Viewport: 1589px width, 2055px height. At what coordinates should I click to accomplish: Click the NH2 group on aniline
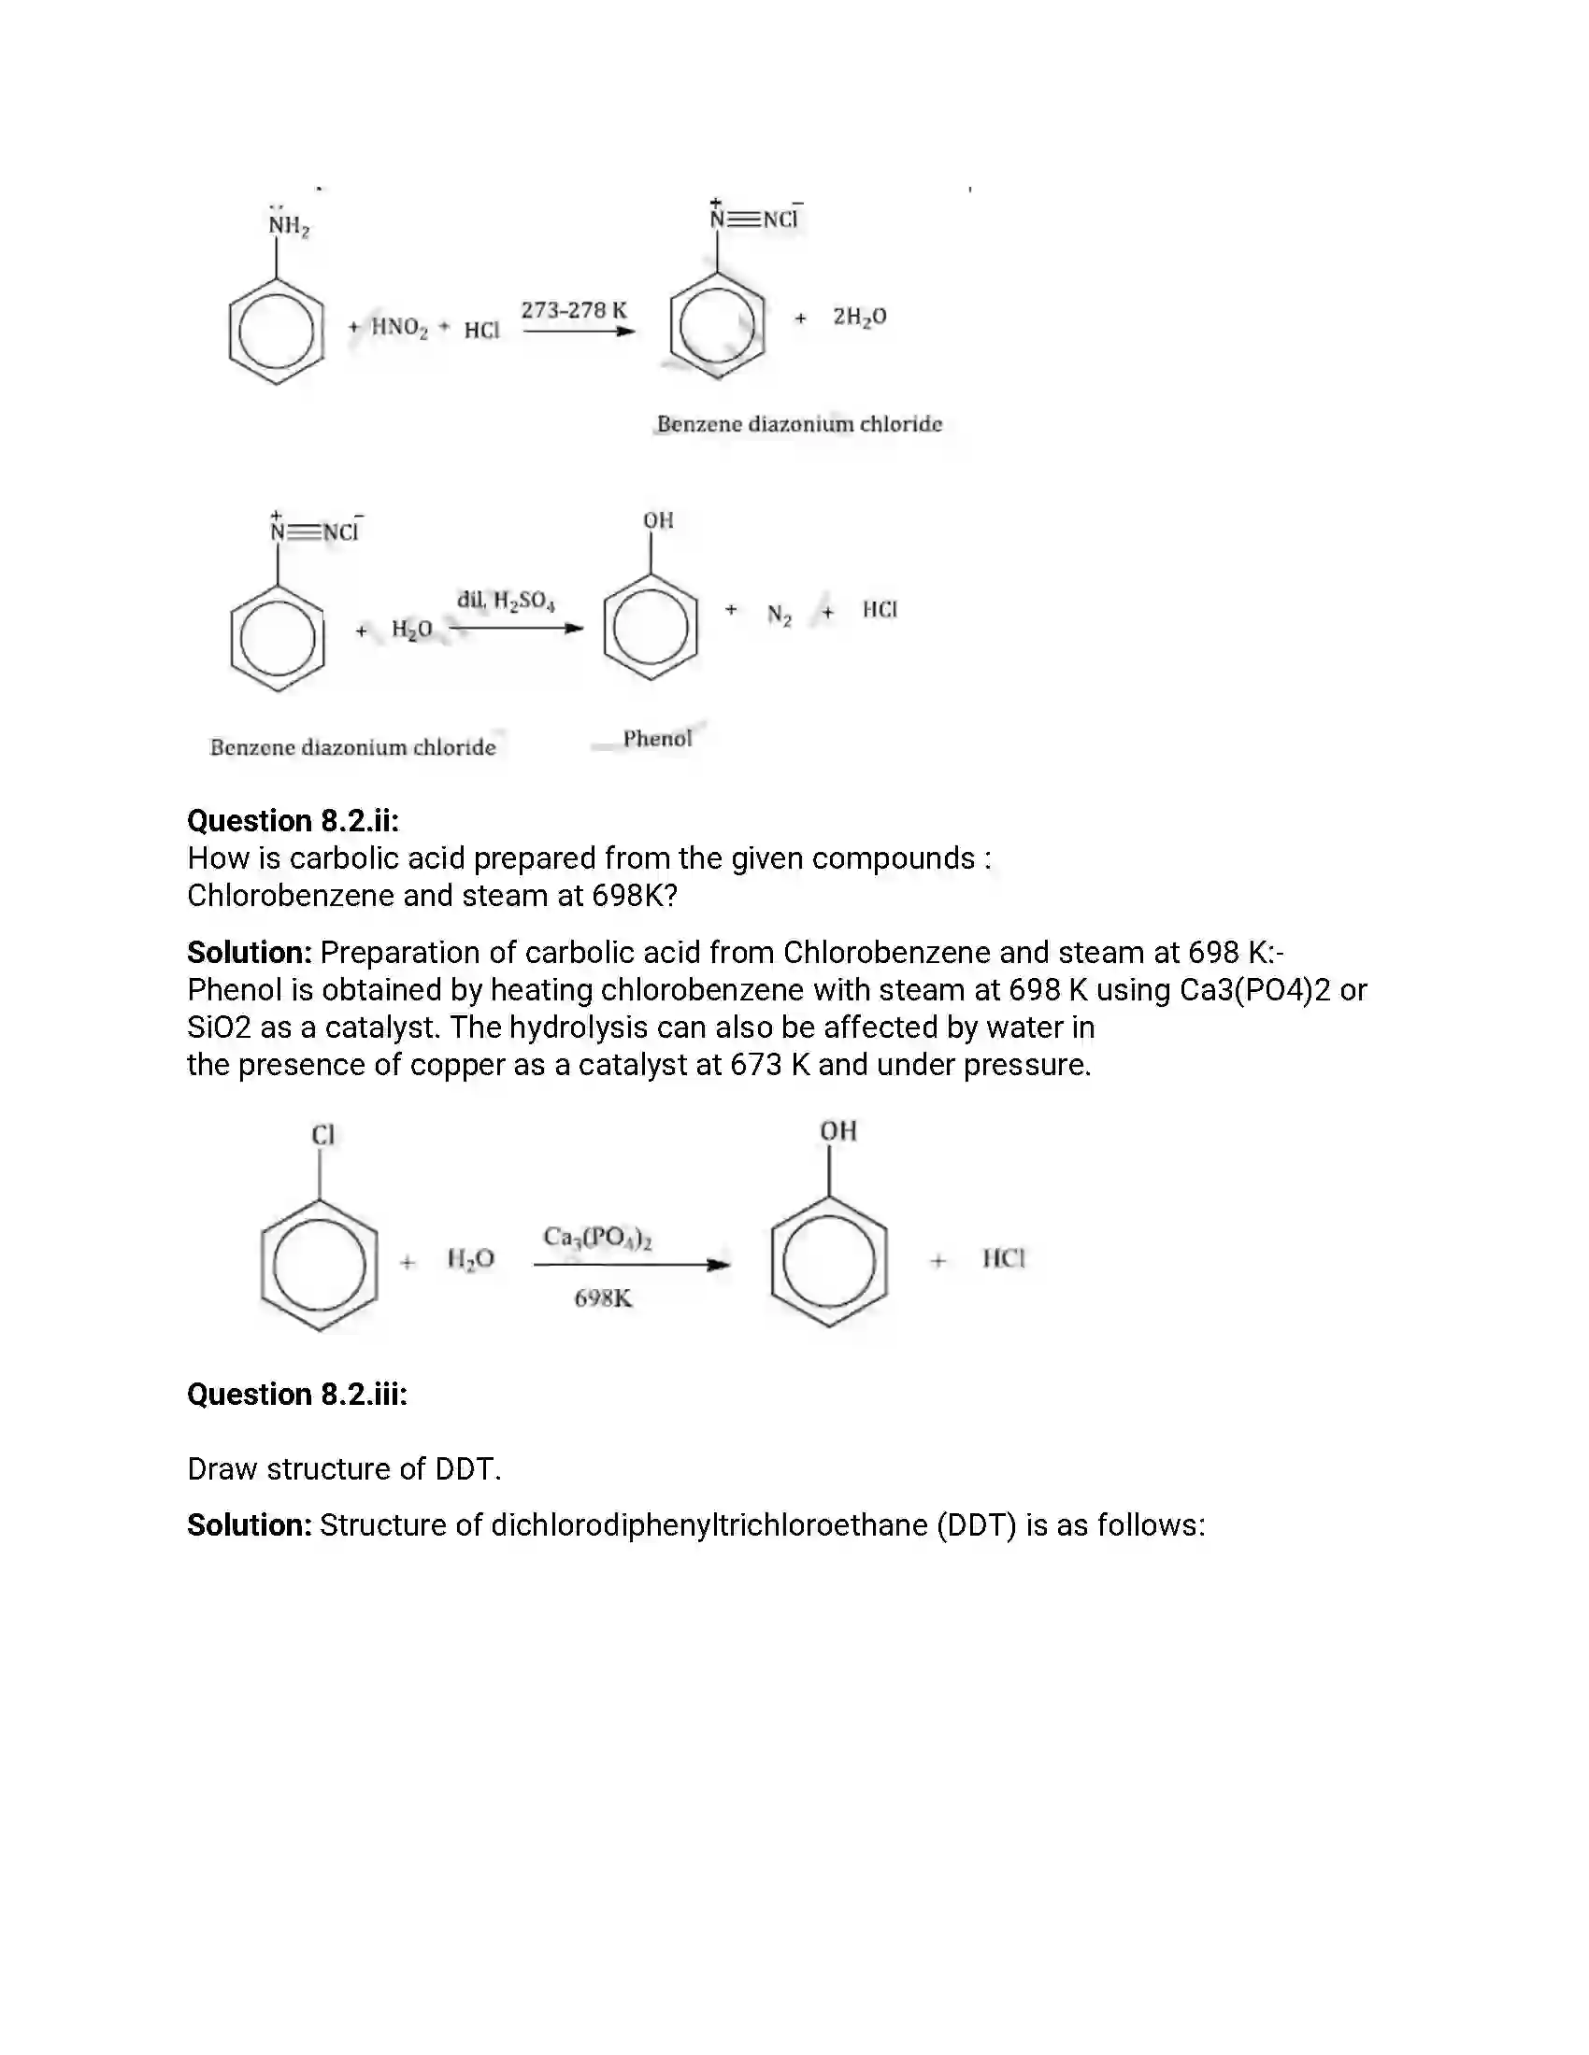click(288, 226)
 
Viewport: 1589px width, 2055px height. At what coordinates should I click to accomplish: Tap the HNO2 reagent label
click(399, 328)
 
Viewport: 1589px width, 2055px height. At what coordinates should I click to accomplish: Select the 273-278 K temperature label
click(573, 309)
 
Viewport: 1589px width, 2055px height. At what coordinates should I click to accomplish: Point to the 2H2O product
click(858, 317)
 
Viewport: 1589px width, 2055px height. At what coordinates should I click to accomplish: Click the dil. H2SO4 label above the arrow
click(506, 601)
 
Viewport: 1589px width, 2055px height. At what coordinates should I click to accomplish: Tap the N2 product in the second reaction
click(779, 616)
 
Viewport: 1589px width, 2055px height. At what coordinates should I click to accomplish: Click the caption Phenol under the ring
click(657, 739)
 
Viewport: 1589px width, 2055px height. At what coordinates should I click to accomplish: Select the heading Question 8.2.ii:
click(293, 820)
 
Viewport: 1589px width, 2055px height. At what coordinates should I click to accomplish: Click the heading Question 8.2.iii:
click(296, 1394)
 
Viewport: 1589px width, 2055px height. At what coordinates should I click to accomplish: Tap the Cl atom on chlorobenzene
click(322, 1135)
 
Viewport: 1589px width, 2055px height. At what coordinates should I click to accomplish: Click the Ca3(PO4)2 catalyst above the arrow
click(598, 1238)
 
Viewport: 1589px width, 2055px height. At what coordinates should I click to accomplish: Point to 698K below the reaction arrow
click(603, 1298)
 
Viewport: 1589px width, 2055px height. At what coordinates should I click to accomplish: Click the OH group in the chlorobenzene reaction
click(837, 1130)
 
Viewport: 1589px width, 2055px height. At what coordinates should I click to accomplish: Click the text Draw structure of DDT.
click(344, 1468)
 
